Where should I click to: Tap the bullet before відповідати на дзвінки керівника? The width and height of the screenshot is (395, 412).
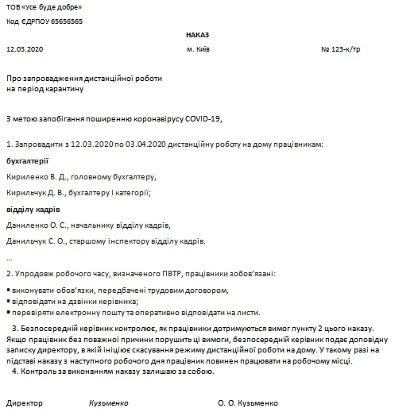pyautogui.click(x=8, y=302)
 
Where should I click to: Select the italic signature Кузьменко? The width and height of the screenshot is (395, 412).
pyautogui.click(x=109, y=402)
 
